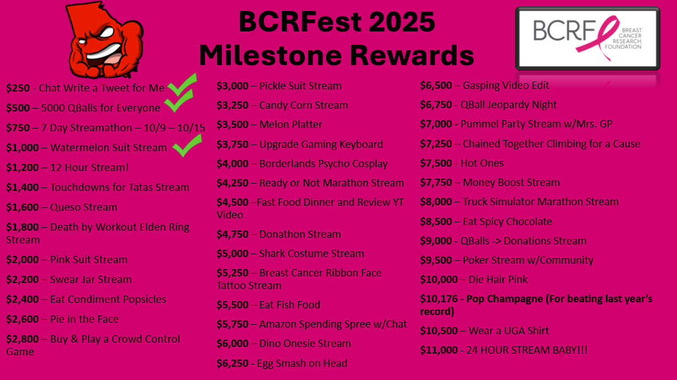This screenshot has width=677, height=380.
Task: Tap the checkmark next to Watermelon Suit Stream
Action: (x=187, y=146)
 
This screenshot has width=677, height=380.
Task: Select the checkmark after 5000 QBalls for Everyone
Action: (x=178, y=101)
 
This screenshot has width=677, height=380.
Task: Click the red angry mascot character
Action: (x=105, y=41)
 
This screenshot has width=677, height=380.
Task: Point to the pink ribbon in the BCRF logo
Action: (x=597, y=38)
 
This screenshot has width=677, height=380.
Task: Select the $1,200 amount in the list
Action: (x=23, y=168)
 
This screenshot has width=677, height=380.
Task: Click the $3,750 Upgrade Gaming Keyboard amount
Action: (x=232, y=144)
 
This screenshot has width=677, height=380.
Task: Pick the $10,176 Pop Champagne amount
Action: (x=439, y=299)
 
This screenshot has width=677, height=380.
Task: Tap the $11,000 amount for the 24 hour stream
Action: (x=439, y=350)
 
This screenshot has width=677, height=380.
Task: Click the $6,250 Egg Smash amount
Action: (x=232, y=363)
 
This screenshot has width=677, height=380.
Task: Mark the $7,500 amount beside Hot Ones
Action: (x=436, y=163)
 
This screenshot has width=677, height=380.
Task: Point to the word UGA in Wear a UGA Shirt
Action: (x=514, y=331)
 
